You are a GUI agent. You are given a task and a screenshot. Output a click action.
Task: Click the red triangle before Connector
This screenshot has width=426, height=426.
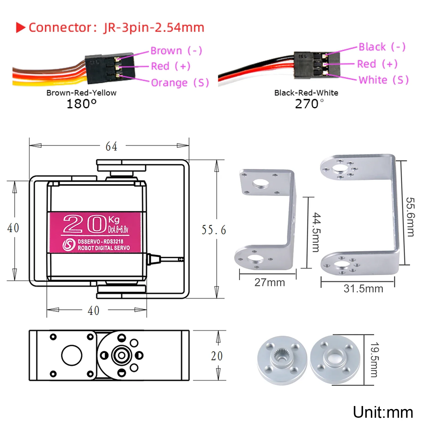[21, 27]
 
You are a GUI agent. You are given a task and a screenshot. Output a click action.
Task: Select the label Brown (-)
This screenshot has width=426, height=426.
[176, 51]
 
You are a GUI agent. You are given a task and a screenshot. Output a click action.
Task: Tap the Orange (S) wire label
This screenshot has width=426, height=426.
[180, 83]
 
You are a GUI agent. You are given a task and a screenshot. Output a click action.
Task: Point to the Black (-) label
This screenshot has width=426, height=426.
[382, 47]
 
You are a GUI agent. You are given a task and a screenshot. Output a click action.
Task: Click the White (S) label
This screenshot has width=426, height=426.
[384, 80]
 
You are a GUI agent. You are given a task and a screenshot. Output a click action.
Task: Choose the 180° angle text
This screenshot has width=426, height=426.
[81, 104]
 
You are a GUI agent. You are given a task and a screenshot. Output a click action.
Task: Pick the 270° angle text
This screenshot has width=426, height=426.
[309, 104]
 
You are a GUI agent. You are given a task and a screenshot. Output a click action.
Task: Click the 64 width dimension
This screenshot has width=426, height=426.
[111, 146]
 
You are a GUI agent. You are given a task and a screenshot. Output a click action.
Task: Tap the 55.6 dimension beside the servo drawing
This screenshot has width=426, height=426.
[214, 230]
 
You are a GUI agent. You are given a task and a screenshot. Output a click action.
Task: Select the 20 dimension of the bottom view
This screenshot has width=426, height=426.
[217, 356]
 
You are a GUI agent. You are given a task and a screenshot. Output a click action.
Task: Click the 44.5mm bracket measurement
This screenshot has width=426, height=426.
[316, 232]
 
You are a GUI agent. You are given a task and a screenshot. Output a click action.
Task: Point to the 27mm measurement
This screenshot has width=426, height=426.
[270, 282]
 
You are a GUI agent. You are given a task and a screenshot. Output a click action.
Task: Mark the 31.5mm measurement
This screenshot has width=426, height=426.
[363, 289]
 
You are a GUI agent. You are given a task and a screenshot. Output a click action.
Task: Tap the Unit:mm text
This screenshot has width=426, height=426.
[383, 412]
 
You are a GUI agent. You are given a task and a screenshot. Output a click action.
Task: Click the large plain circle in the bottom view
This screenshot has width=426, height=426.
[72, 355]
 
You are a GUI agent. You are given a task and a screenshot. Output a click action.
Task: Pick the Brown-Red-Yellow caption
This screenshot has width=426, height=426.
[81, 93]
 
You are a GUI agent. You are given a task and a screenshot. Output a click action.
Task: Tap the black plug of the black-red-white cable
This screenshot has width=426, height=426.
[317, 65]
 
